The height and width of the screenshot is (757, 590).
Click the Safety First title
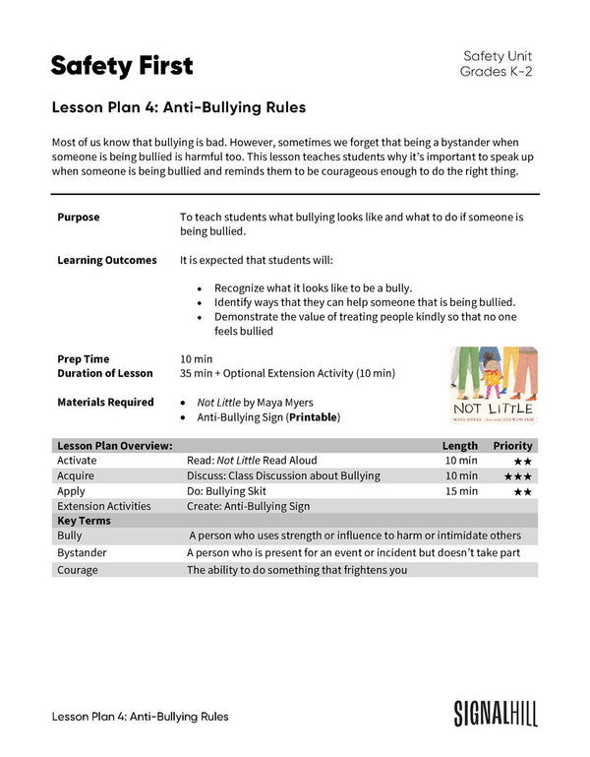(122, 66)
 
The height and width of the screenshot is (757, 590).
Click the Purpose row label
(79, 217)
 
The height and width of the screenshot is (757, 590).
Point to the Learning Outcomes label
(106, 260)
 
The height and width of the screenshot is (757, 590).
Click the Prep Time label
(84, 358)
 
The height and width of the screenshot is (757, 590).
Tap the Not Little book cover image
(493, 384)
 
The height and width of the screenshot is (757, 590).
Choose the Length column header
(460, 446)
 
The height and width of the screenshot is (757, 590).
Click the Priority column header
(512, 446)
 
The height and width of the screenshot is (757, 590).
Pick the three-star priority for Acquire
(518, 476)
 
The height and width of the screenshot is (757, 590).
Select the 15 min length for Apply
(461, 491)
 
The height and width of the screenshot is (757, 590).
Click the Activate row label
(78, 461)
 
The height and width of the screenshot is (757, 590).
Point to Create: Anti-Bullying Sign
(248, 506)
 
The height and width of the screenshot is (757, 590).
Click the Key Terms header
(85, 521)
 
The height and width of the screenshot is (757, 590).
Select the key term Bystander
(83, 553)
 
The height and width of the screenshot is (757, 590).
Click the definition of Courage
(297, 569)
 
